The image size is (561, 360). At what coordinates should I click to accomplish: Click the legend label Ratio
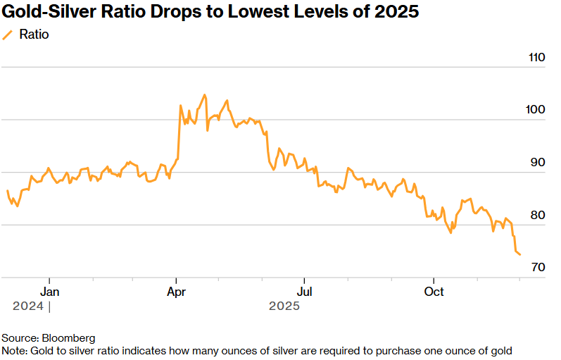pyautogui.click(x=34, y=35)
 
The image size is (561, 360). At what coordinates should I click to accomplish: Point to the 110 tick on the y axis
pyautogui.click(x=537, y=58)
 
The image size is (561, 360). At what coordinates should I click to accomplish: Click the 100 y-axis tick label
pyautogui.click(x=537, y=110)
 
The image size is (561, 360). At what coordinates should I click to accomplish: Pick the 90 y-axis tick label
pyautogui.click(x=537, y=162)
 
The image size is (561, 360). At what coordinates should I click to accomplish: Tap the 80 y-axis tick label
pyautogui.click(x=537, y=215)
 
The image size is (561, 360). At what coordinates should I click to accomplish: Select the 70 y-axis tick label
pyautogui.click(x=537, y=267)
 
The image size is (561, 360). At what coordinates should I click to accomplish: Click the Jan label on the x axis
pyautogui.click(x=49, y=291)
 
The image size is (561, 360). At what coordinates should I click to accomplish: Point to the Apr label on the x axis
pyautogui.click(x=175, y=291)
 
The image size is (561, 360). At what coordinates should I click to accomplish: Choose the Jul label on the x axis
pyautogui.click(x=304, y=291)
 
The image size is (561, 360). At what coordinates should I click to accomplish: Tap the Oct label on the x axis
pyautogui.click(x=434, y=291)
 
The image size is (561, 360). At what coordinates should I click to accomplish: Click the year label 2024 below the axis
pyautogui.click(x=28, y=306)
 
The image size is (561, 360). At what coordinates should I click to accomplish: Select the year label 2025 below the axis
pyautogui.click(x=284, y=306)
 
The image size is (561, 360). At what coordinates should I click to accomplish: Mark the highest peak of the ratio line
pyautogui.click(x=205, y=94)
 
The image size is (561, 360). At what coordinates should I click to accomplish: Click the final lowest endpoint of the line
pyautogui.click(x=519, y=254)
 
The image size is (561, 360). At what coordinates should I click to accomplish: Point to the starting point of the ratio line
pyautogui.click(x=8, y=191)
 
